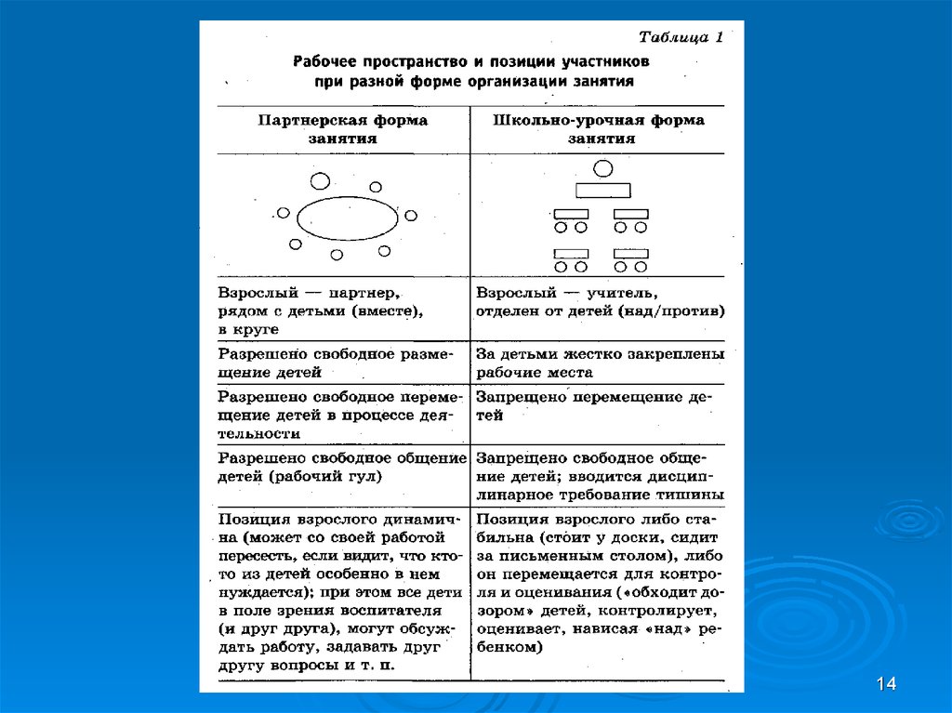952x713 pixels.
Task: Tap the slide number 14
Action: click(885, 685)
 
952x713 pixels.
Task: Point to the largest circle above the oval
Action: click(320, 179)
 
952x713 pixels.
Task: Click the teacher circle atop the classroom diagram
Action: click(602, 168)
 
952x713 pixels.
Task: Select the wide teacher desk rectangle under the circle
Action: click(602, 191)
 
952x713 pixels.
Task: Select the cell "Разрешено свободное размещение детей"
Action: click(342, 363)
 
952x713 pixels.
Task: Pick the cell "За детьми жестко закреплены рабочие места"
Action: click(599, 363)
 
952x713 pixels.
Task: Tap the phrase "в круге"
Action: click(248, 329)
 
